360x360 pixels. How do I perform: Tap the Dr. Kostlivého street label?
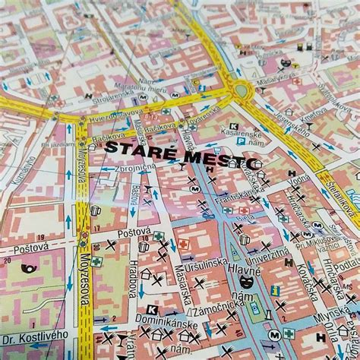[33, 339]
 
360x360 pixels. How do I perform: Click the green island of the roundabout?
[243, 89]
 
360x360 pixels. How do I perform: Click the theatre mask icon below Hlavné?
[256, 311]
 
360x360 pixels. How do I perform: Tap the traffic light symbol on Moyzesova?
[83, 236]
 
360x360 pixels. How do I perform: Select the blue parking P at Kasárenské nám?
[241, 140]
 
